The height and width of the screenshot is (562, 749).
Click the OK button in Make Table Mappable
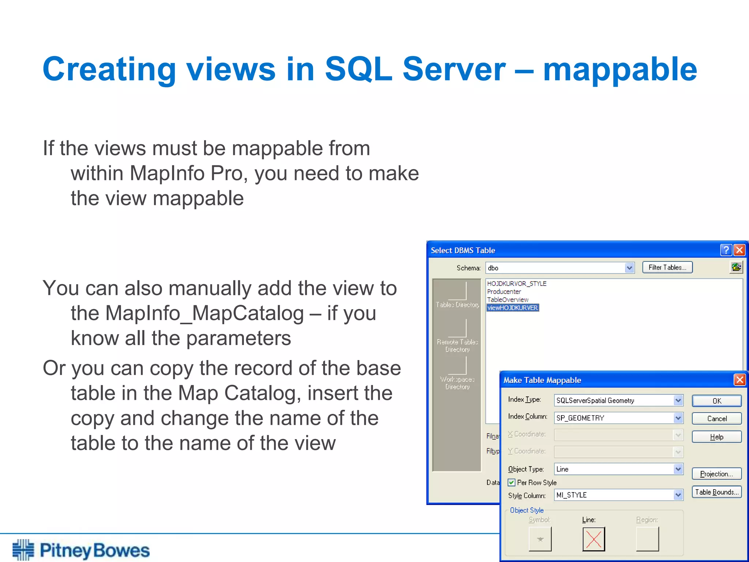tap(716, 401)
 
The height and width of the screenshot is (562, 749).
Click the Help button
tap(716, 437)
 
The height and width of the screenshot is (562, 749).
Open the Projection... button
tap(716, 474)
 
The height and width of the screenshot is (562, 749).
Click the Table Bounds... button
tap(716, 492)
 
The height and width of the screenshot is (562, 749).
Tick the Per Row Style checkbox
tap(512, 483)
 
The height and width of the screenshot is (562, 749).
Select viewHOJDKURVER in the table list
tap(512, 308)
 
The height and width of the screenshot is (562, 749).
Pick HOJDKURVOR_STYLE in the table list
tap(516, 284)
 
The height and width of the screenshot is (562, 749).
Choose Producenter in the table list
tap(504, 292)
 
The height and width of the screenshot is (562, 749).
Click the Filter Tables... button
tap(667, 267)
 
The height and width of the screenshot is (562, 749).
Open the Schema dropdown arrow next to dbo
tap(629, 268)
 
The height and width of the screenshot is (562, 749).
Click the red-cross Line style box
tap(593, 539)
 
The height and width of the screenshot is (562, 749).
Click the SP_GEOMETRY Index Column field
tap(614, 418)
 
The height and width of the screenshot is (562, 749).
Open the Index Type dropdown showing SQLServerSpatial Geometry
tap(678, 400)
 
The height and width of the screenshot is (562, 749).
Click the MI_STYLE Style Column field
tap(614, 495)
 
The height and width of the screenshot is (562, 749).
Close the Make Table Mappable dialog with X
tap(739, 380)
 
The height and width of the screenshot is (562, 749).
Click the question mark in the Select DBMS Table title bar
tap(726, 250)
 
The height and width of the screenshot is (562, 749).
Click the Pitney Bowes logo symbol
tap(23, 550)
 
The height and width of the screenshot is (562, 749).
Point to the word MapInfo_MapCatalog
tap(187, 314)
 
